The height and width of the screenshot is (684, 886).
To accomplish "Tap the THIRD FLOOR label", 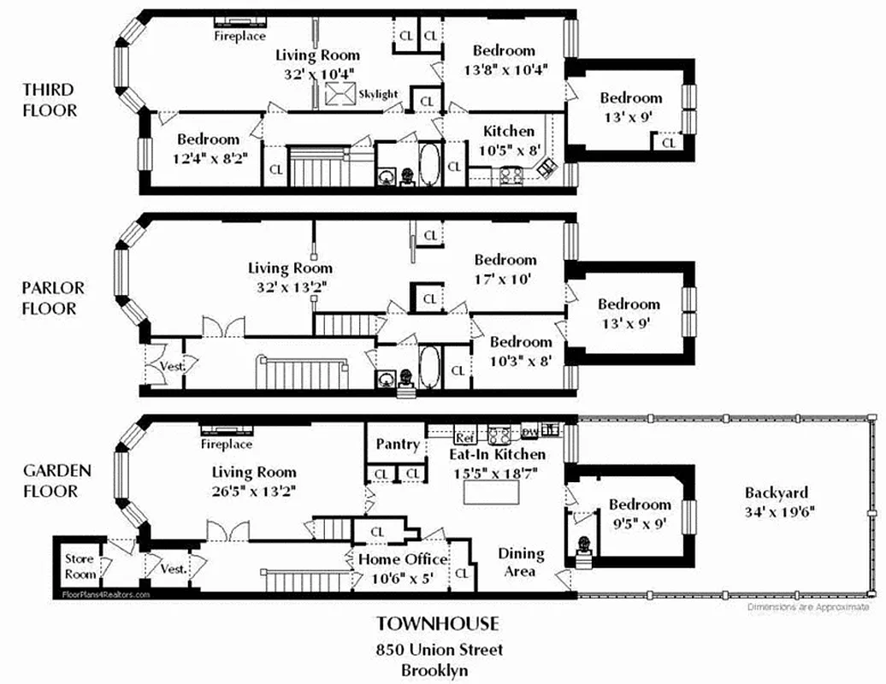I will point(49,100).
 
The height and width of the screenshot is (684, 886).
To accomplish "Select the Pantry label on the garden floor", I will point(398,445).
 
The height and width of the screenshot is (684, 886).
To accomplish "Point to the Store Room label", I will point(80,566).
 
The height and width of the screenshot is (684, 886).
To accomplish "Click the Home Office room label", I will point(402,568).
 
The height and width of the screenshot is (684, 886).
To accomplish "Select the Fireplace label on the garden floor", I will point(227,445).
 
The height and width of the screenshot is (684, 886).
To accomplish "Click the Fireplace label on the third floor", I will point(239,36).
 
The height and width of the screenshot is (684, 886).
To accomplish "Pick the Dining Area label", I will point(520,562).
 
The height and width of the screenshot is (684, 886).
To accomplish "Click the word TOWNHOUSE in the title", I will point(438,624).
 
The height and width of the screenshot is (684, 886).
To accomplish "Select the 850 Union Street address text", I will point(439,650).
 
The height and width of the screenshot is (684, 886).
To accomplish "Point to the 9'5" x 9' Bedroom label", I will point(639,513).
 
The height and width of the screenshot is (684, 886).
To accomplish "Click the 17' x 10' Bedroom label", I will point(505,268).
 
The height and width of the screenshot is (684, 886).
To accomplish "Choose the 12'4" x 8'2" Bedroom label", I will point(208,147).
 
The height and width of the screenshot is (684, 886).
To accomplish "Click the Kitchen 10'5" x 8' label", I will point(509,139).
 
